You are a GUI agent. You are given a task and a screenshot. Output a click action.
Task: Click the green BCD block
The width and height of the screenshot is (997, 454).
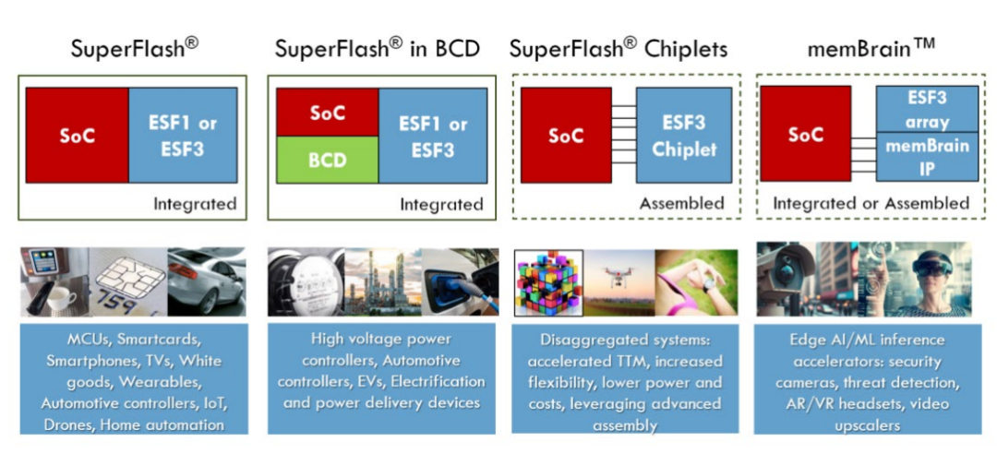(x=327, y=158)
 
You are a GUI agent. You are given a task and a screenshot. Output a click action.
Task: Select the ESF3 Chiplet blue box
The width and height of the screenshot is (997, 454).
(x=684, y=135)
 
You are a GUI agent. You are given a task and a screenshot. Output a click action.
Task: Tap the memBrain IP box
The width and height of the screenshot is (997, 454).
(x=913, y=157)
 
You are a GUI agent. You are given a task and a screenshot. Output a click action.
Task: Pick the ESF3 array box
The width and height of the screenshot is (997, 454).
(x=913, y=110)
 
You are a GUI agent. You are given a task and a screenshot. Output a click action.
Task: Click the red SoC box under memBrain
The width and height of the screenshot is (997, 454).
(x=806, y=134)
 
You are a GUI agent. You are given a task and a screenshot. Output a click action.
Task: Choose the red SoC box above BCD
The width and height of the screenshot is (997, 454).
(x=327, y=113)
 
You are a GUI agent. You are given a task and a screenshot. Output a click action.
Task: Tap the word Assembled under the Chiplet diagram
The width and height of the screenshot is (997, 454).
(x=682, y=203)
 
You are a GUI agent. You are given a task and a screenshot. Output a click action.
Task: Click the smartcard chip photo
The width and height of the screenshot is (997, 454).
(x=129, y=281)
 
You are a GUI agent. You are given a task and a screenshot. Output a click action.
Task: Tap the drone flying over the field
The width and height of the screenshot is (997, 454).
(x=619, y=276)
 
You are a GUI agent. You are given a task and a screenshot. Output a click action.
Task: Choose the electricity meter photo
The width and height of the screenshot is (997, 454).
(x=305, y=281)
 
